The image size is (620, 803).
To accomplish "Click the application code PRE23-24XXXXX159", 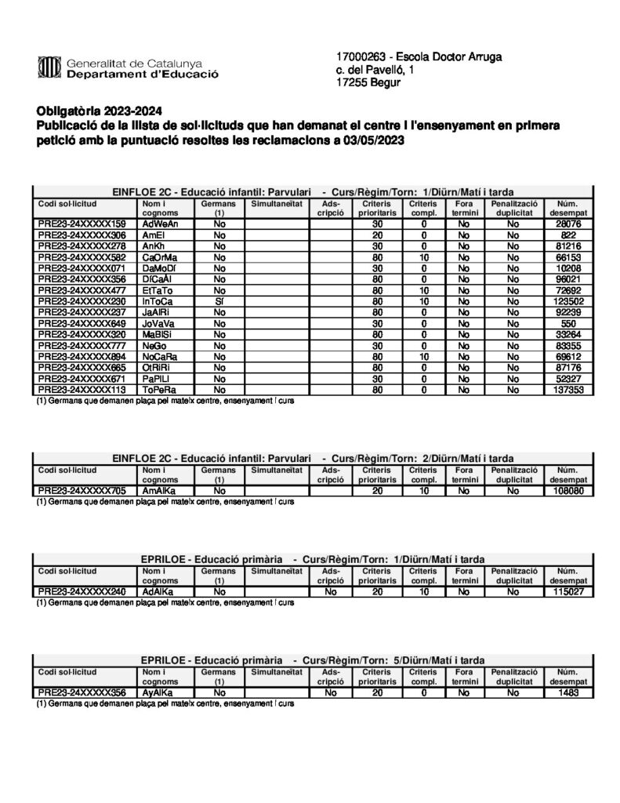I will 82,224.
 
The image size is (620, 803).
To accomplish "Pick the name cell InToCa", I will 158,301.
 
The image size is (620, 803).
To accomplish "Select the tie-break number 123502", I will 568,301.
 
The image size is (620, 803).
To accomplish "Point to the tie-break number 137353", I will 568,389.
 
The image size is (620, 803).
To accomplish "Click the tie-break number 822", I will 568,235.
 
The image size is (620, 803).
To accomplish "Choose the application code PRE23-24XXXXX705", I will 82,490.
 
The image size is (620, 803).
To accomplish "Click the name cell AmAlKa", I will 159,490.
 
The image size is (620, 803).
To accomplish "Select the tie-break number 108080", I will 568,490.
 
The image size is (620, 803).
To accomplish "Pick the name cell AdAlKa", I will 158,591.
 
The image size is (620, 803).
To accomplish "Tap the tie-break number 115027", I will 568,591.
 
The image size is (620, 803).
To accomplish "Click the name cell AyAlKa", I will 158,692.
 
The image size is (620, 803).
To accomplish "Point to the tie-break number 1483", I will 568,692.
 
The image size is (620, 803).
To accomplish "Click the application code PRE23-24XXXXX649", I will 82,323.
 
